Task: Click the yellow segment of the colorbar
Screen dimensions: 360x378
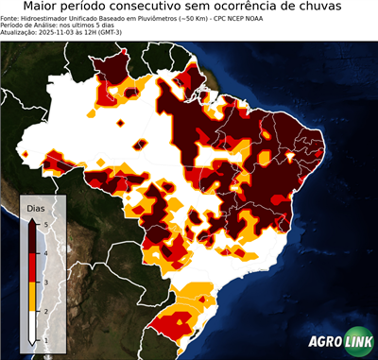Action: pyautogui.click(x=33, y=296)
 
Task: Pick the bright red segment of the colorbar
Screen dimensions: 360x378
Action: pyautogui.click(x=33, y=266)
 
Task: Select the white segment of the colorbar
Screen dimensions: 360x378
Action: pyautogui.click(x=33, y=326)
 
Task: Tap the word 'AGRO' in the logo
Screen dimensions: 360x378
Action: pyautogui.click(x=326, y=342)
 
